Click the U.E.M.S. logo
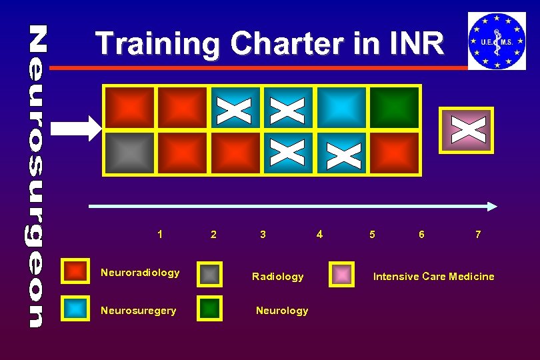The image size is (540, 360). tap(497, 41)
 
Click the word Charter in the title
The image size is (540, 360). tap(280, 44)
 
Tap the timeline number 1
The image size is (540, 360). tap(160, 234)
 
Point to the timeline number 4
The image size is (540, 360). tap(320, 234)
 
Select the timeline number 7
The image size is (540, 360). tap(478, 235)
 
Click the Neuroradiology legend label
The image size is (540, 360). tap(140, 272)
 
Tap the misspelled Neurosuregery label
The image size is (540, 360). tap(139, 310)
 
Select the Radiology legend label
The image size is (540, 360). tap(277, 276)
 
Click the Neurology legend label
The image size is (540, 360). tap(282, 310)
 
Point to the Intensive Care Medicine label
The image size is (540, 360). tap(433, 276)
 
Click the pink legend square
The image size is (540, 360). tap(342, 273)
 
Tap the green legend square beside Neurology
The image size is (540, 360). tap(211, 308)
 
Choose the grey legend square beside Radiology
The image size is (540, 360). tap(211, 273)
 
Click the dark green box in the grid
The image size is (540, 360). tap(395, 107)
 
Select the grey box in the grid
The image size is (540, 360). tap(130, 152)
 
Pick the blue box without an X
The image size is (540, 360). tap(341, 107)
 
